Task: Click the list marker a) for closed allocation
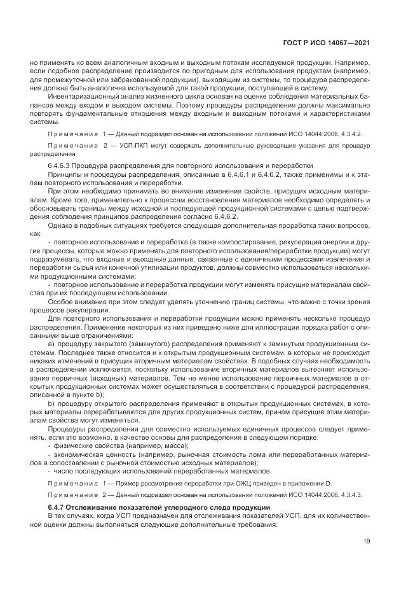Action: tap(51, 343)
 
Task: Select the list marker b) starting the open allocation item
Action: tap(51, 403)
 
